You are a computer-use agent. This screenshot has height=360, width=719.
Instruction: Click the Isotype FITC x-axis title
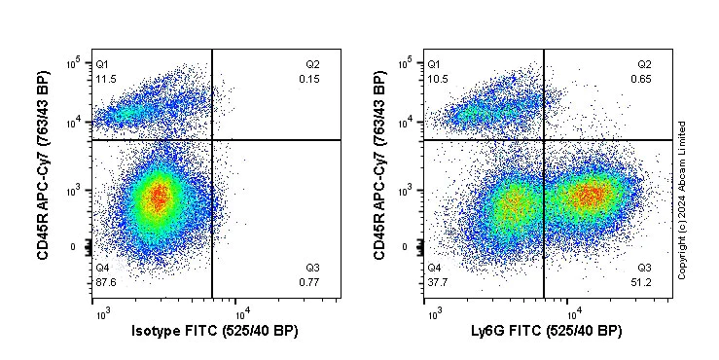coord(214,332)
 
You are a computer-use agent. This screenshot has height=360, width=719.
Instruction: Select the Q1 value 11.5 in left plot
coord(105,78)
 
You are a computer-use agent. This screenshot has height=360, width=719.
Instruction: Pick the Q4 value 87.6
coord(105,282)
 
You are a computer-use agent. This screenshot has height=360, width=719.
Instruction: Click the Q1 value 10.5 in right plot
coord(438,78)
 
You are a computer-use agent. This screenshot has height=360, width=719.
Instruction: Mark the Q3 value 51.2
coord(644,282)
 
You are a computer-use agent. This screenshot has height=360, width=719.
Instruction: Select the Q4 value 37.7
coord(438,282)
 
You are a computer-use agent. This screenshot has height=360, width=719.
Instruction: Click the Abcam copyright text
coord(683,199)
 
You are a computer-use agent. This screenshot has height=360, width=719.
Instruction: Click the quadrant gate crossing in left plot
coord(211,140)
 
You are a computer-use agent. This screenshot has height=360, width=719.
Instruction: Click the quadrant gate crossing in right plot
coord(544,140)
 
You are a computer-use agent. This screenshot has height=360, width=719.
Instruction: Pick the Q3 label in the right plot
coord(644,268)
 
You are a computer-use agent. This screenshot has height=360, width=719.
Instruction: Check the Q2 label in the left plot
coord(311,63)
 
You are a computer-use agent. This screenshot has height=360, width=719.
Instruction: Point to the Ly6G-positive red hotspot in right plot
coord(590,196)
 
